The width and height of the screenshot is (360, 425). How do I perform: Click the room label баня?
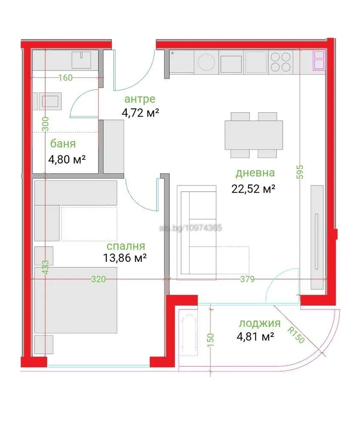[63, 143]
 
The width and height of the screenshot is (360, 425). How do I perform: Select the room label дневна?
[255, 173]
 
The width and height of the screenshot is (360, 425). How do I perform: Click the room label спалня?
[126, 246]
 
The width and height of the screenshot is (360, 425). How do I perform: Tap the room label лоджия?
[260, 323]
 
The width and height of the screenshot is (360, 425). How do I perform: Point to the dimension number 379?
[247, 279]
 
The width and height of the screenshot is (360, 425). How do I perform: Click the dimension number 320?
[98, 279]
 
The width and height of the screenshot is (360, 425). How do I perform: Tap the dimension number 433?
[45, 269]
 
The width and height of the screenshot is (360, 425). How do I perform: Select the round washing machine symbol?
[207, 62]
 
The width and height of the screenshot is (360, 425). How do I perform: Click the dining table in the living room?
[254, 134]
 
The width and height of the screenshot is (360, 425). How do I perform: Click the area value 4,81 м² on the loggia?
[255, 337]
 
